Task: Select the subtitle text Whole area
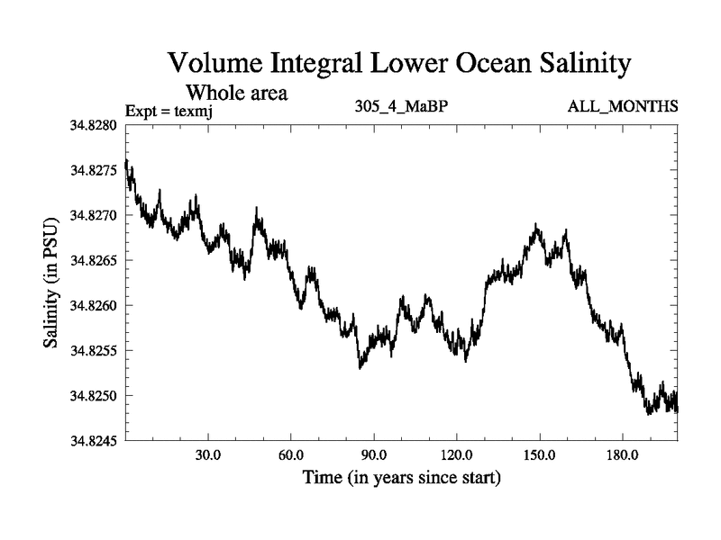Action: pyautogui.click(x=236, y=92)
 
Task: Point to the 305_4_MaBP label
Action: pyautogui.click(x=402, y=107)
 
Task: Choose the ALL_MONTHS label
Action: pyautogui.click(x=623, y=107)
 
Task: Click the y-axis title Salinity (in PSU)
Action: pyautogui.click(x=50, y=283)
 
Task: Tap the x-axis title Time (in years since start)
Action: pyautogui.click(x=401, y=476)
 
